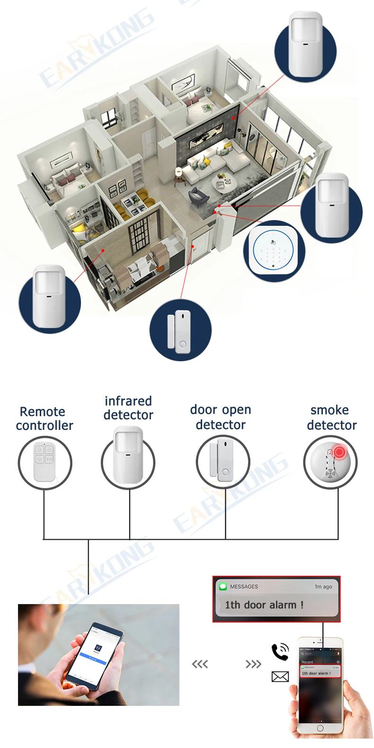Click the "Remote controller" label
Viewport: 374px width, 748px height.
click(44, 419)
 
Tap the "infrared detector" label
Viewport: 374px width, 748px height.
click(128, 408)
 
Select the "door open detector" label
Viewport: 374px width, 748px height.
click(221, 417)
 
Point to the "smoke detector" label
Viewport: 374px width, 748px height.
click(331, 418)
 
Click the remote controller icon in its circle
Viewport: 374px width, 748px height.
click(45, 461)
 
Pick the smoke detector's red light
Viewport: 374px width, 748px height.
click(338, 452)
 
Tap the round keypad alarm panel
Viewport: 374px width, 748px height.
click(274, 251)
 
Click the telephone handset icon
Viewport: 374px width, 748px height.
click(280, 651)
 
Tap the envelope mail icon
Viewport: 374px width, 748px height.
click(280, 677)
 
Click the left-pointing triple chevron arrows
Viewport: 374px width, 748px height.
click(200, 664)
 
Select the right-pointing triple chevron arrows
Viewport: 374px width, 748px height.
click(253, 664)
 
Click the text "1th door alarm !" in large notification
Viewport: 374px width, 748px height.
click(264, 605)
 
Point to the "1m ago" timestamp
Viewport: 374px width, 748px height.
click(323, 587)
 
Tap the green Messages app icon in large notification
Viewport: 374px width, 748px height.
click(223, 587)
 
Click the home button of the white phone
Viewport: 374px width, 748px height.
click(320, 728)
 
